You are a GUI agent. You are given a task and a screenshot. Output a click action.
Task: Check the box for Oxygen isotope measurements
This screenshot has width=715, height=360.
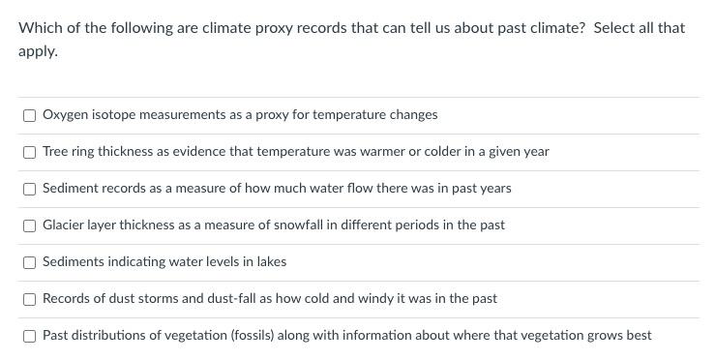[x=30, y=115]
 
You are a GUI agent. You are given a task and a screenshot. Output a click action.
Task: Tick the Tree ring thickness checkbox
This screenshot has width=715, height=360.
[x=30, y=152]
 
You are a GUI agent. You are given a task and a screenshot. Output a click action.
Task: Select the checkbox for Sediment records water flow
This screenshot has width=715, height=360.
[x=30, y=189]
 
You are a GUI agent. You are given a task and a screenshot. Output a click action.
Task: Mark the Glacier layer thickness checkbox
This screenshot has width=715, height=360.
[x=30, y=225]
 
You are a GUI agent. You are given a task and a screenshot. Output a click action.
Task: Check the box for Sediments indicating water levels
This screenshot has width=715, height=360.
[x=30, y=262]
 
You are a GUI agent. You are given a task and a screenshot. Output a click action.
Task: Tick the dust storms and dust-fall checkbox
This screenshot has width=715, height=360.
[x=30, y=299]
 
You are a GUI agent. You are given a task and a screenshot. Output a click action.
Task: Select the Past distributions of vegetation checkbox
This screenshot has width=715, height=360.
[x=30, y=336]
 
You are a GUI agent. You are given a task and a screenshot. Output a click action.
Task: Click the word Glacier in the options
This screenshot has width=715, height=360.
[x=63, y=225]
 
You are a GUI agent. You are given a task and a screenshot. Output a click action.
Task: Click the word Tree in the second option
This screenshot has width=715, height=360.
[x=55, y=152]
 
